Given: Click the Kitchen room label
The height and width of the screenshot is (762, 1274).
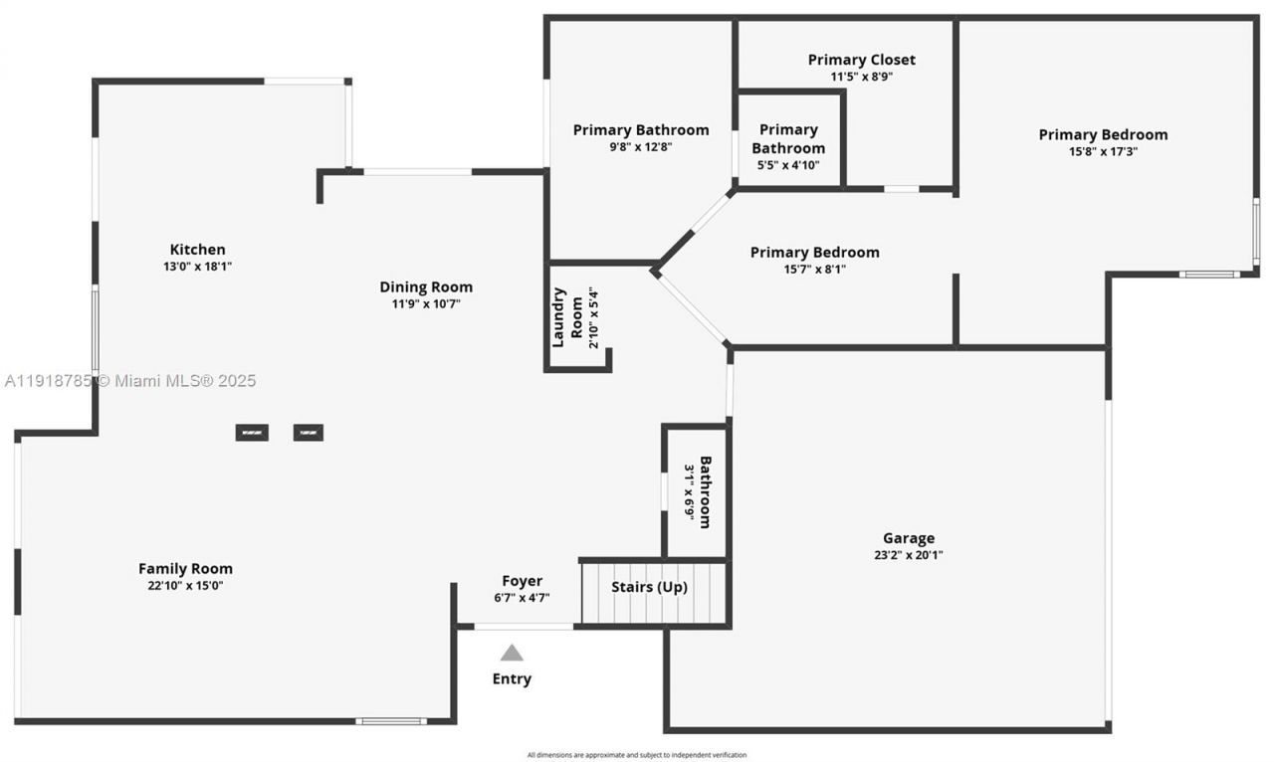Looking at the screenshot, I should (x=197, y=250).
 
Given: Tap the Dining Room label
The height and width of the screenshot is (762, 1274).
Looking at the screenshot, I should (x=426, y=287).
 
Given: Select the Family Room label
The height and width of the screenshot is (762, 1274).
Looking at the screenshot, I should (x=185, y=569).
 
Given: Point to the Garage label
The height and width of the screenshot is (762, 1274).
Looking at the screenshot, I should (x=908, y=539).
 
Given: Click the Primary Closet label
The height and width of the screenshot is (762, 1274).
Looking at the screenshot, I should (x=861, y=60).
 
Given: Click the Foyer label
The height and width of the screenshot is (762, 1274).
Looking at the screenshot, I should (x=522, y=581).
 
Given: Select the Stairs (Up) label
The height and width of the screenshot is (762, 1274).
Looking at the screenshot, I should (x=649, y=587).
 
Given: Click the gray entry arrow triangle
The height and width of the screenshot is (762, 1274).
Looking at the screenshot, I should (x=512, y=654).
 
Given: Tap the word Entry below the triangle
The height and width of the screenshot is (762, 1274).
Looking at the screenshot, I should (x=512, y=678).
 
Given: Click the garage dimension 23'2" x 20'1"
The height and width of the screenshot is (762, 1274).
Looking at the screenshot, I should (x=908, y=556).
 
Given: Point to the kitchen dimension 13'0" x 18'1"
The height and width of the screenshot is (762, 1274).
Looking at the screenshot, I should (x=197, y=267).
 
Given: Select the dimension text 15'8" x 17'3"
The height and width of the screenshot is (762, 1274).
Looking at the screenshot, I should (x=1103, y=152).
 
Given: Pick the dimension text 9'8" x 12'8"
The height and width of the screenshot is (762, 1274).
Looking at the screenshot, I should (x=640, y=147).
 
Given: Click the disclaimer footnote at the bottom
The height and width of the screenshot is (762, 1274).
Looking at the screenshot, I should (x=637, y=755).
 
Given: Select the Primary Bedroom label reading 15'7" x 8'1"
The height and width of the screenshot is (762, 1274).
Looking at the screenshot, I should (x=814, y=253).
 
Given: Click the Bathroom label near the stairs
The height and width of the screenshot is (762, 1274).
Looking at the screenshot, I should (x=705, y=492).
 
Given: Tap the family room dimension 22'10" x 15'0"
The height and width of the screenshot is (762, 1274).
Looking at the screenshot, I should (x=185, y=586).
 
